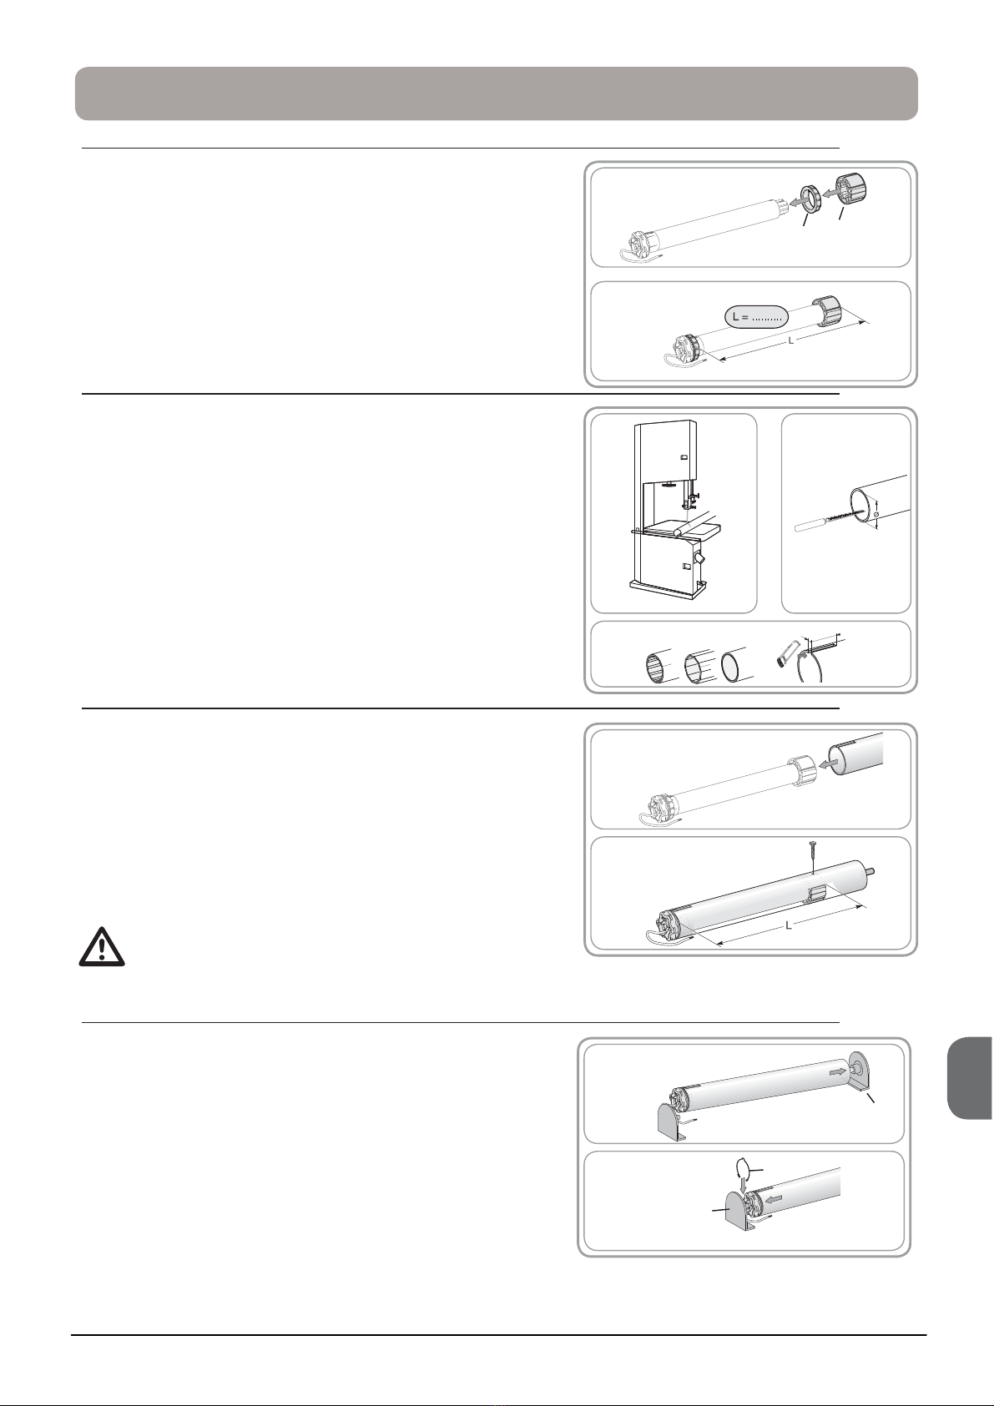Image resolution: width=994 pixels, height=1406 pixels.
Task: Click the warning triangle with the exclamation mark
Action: click(x=102, y=947)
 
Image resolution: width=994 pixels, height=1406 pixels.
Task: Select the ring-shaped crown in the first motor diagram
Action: click(x=810, y=199)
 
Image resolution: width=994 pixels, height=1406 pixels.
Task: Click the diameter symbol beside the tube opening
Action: click(x=876, y=515)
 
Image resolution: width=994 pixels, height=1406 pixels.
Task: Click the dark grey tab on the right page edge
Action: click(x=969, y=1078)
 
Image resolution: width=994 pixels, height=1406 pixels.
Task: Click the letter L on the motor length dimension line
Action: click(x=791, y=340)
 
